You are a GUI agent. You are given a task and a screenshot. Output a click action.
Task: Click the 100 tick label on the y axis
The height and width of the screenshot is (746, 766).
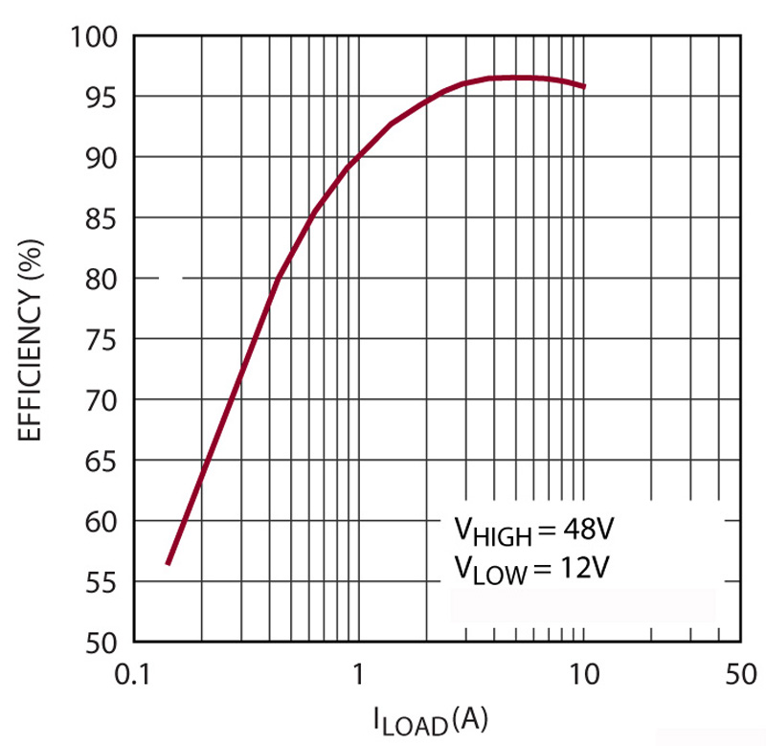tap(97, 37)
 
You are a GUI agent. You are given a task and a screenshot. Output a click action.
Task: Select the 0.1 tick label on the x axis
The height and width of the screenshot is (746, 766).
tap(133, 674)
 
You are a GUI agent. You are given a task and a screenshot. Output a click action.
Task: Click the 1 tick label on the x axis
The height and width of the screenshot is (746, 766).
tap(357, 674)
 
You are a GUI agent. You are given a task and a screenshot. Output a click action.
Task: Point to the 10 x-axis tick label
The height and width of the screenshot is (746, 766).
tap(583, 674)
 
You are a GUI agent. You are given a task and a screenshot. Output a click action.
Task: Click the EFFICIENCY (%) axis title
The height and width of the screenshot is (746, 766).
tap(32, 339)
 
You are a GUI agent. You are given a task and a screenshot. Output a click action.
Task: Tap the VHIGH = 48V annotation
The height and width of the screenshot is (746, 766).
tap(534, 531)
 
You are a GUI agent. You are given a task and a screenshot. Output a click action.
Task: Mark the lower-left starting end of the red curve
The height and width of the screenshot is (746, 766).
tap(168, 564)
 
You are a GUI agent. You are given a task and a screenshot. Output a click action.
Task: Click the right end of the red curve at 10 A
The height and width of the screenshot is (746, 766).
tap(584, 86)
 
